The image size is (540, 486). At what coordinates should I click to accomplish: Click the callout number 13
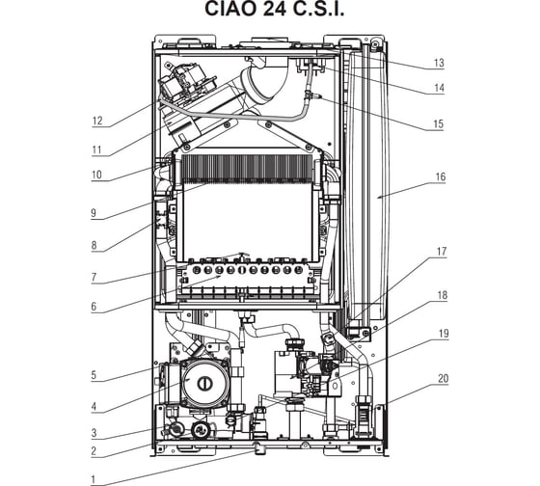click(x=439, y=63)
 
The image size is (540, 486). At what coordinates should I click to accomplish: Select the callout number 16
click(x=441, y=177)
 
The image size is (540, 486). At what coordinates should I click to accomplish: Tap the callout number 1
click(x=93, y=479)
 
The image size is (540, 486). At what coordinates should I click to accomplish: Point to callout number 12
click(x=97, y=121)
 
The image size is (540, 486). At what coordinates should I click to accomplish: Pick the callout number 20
click(x=444, y=379)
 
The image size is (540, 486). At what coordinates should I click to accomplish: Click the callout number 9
click(x=94, y=213)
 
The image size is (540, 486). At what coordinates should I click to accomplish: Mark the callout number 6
click(x=94, y=307)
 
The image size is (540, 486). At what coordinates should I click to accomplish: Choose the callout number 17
click(x=442, y=252)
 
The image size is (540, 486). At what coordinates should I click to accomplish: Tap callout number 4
click(x=94, y=407)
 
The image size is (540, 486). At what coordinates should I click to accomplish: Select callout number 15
click(x=439, y=124)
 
